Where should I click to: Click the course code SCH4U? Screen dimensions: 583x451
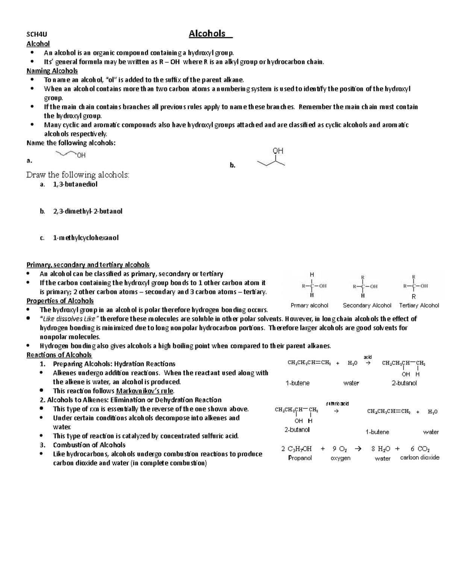pyautogui.click(x=35, y=35)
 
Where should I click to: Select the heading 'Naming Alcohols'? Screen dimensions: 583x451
pyautogui.click(x=52, y=71)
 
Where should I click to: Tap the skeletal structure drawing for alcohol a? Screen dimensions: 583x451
pyautogui.click(x=70, y=154)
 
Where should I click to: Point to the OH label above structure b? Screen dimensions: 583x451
pyautogui.click(x=278, y=151)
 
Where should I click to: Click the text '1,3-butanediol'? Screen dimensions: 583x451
pyautogui.click(x=75, y=184)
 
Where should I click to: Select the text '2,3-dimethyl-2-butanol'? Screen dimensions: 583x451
pyautogui.click(x=88, y=211)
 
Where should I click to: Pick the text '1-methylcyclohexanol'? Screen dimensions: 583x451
pyautogui.click(x=86, y=238)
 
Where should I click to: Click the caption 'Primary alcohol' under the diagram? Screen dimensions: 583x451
pyautogui.click(x=309, y=306)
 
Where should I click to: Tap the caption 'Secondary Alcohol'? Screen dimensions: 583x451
pyautogui.click(x=367, y=306)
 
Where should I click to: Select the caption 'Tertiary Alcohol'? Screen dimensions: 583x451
pyautogui.click(x=419, y=306)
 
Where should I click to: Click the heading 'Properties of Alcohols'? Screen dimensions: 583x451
pyautogui.click(x=60, y=301)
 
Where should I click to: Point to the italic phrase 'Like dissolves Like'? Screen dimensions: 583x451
pyautogui.click(x=69, y=319)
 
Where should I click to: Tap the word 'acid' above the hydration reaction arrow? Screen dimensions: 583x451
pyautogui.click(x=368, y=357)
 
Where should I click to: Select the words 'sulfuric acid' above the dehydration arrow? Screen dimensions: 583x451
pyautogui.click(x=337, y=404)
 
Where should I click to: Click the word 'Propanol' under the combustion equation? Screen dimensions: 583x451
pyautogui.click(x=300, y=458)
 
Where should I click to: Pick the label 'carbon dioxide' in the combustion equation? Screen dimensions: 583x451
pyautogui.click(x=419, y=458)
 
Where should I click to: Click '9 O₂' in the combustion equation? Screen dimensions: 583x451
pyautogui.click(x=339, y=449)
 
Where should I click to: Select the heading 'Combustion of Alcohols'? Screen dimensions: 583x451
pyautogui.click(x=89, y=445)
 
